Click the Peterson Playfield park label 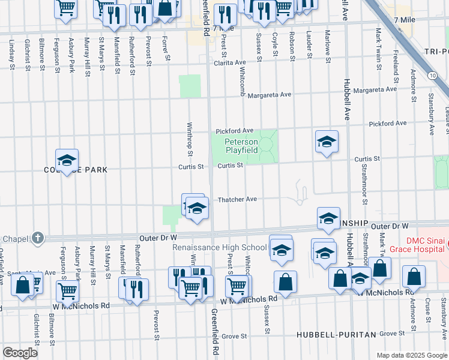(x=241, y=146)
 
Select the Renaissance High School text (x=219, y=247)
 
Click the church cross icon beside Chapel (x=37, y=238)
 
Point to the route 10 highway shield (x=432, y=75)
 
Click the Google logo (x=20, y=353)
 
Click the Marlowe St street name (x=328, y=47)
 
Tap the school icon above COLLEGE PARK (x=67, y=160)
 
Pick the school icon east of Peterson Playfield (x=326, y=142)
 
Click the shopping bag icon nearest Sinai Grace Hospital (x=414, y=277)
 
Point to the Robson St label (x=292, y=46)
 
